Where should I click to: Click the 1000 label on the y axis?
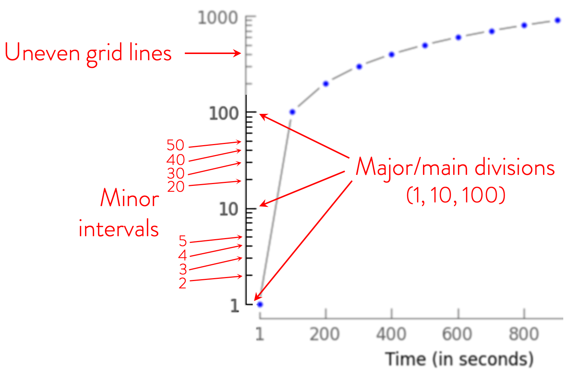coord(218,18)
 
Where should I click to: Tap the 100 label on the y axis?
coord(224,114)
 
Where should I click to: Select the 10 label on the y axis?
coord(229,209)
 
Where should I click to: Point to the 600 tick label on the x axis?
coord(457,334)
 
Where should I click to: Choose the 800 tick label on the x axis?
coord(524,334)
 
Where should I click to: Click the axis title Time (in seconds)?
coord(459,359)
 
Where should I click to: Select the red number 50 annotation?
coord(175,145)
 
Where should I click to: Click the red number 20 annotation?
coord(176,187)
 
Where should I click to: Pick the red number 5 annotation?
coord(183,241)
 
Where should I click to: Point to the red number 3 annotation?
coord(183,269)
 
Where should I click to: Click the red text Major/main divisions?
coord(455,168)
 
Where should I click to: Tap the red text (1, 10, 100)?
coord(456,195)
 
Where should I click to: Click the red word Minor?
coord(129,199)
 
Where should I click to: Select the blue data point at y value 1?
coord(260,304)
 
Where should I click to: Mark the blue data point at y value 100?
coord(292,112)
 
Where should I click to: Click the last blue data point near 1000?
coord(558,20)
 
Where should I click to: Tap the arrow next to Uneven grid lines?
coord(212,54)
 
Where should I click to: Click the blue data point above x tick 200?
coord(325,84)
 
